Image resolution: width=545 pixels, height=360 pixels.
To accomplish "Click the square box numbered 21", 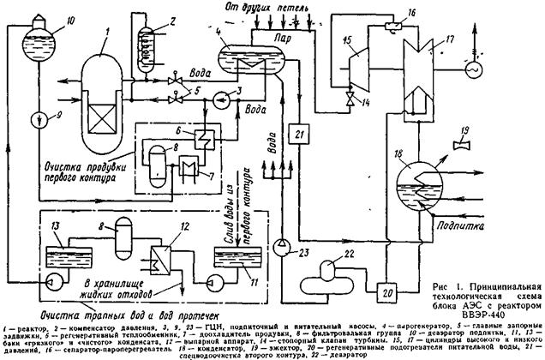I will (x=297, y=135).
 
